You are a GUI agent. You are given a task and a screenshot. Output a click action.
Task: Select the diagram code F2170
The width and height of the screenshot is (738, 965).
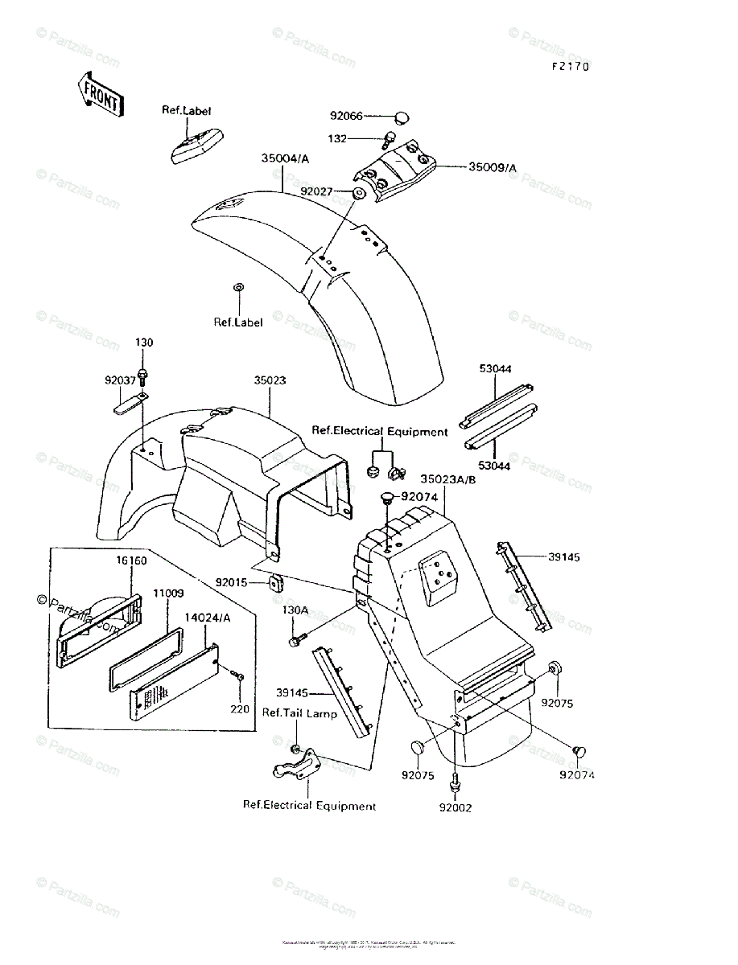pyautogui.click(x=571, y=67)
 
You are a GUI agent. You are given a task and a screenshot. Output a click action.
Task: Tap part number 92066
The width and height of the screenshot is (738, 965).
pyautogui.click(x=347, y=117)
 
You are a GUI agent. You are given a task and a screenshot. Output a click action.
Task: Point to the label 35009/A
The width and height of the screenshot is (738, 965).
pyautogui.click(x=493, y=167)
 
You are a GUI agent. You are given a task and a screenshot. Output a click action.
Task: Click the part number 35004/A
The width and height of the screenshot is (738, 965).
pyautogui.click(x=285, y=159)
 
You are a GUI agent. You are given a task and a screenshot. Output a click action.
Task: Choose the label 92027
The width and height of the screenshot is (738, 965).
pyautogui.click(x=317, y=191)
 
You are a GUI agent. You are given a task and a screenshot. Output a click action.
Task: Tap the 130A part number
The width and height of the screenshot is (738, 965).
pyautogui.click(x=295, y=610)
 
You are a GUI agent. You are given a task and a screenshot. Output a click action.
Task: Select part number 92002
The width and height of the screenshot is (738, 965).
pyautogui.click(x=456, y=807)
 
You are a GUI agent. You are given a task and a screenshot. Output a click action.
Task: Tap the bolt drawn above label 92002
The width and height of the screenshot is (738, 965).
pyautogui.click(x=456, y=778)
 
